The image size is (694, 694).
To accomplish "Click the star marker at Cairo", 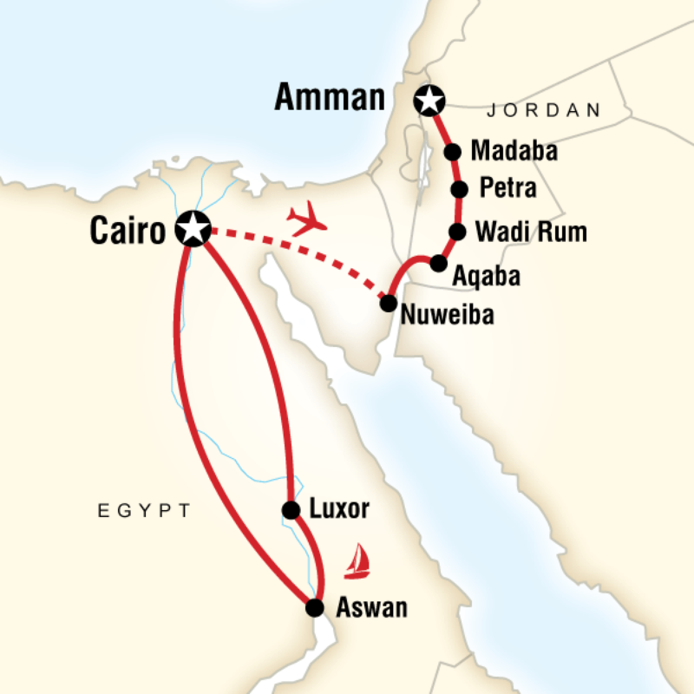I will (192, 229).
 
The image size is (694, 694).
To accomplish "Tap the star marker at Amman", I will (427, 100).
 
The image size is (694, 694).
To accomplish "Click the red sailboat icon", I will (357, 563).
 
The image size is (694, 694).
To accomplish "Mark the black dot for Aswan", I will (315, 608).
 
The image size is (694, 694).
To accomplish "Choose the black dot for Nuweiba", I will (388, 303).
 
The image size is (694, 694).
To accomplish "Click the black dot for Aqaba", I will (438, 263).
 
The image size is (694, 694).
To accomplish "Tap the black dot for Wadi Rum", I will (456, 232).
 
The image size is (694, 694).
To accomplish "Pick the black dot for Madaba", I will (452, 152).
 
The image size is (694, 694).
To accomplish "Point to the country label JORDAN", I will (544, 110).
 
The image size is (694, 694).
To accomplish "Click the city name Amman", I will (330, 98).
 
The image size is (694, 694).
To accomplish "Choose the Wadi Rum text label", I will (531, 232).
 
